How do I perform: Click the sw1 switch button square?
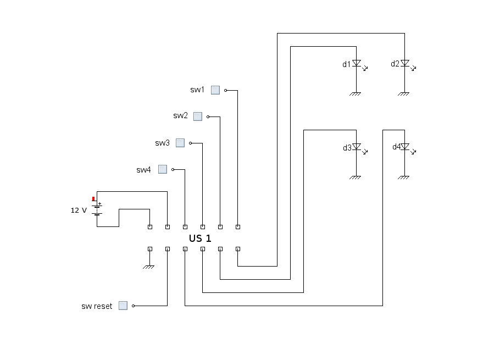215,90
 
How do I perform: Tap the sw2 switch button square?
198,117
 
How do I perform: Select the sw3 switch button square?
180,143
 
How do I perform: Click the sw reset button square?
123,306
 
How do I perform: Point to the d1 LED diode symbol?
357,64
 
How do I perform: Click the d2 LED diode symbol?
405,64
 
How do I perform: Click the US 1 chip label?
200,238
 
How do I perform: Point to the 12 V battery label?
79,210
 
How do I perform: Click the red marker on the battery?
93,199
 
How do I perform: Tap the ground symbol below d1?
355,94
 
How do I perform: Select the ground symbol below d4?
403,178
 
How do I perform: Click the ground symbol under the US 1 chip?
148,267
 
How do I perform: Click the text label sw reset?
97,306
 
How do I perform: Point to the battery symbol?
97,209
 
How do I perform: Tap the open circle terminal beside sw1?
225,90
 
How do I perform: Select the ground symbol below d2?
403,94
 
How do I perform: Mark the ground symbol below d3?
355,178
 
